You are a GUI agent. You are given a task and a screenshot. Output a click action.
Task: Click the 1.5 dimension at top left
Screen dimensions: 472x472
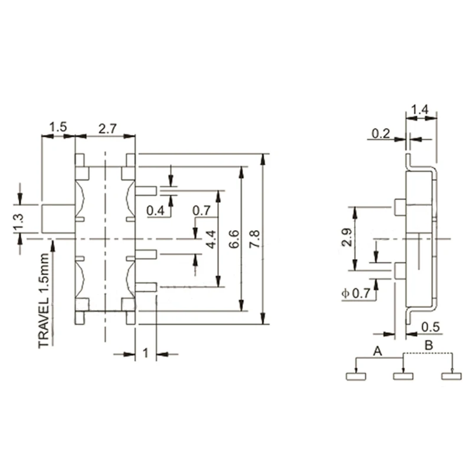pos(58,127)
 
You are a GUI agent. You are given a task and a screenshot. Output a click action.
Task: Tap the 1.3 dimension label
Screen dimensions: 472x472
pos(19,222)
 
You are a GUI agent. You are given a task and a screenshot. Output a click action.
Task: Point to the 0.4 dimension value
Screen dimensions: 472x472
pos(155,210)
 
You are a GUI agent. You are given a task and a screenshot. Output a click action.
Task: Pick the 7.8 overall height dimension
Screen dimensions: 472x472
pos(254,239)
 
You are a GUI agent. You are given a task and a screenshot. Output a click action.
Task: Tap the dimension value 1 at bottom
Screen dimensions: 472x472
pos(146,353)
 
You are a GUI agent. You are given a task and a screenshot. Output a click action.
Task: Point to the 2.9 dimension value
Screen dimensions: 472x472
pos(346,238)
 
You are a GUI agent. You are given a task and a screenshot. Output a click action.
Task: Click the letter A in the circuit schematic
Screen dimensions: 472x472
pos(379,351)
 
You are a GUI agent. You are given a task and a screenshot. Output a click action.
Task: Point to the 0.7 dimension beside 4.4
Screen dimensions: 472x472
pos(201,210)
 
